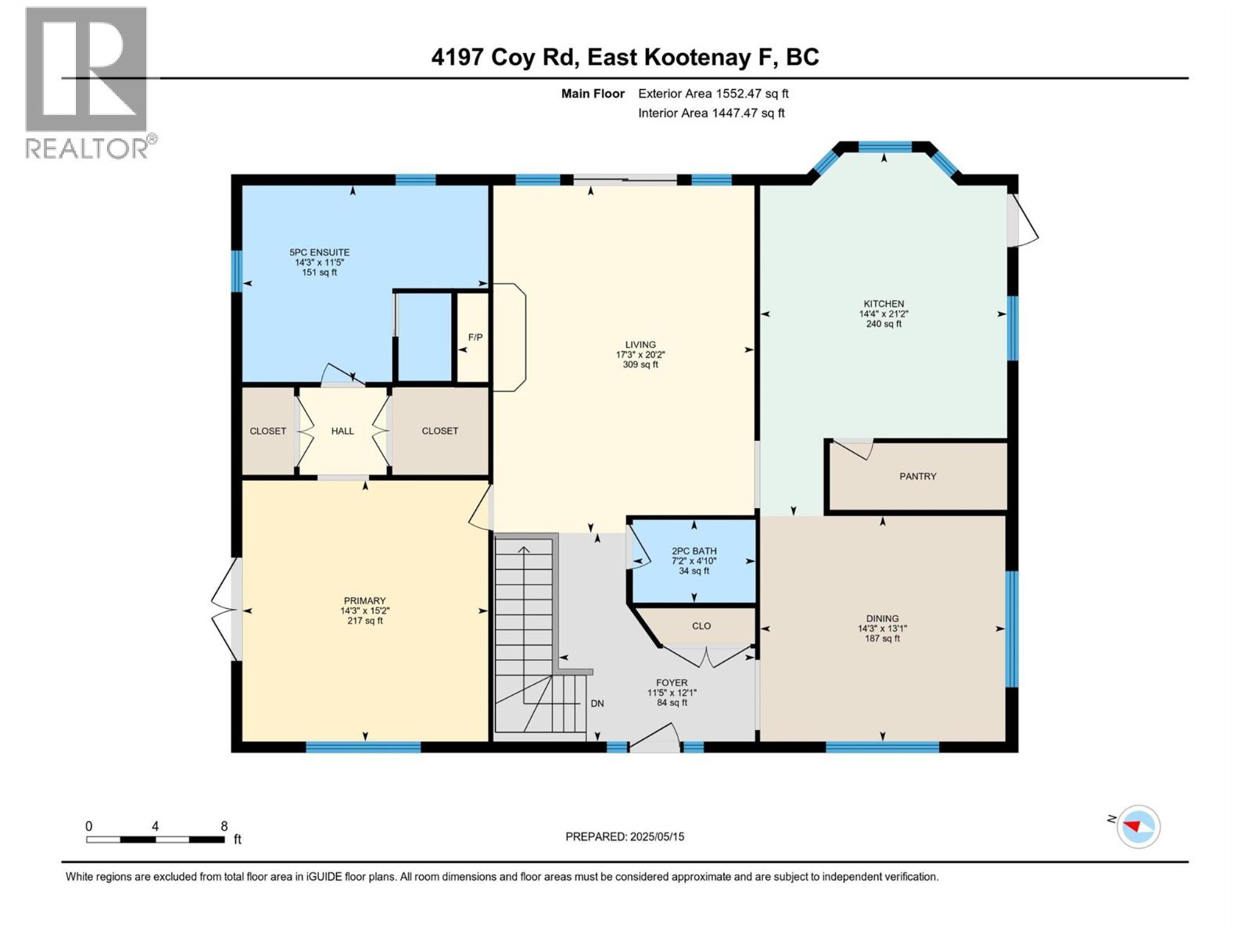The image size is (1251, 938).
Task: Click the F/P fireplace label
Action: pos(475,338)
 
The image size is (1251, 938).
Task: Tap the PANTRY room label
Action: pos(917,476)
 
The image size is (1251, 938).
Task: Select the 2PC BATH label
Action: pos(694,551)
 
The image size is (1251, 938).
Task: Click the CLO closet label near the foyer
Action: pos(701,626)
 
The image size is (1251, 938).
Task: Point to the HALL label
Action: pos(342,431)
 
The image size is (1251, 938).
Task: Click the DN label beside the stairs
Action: pos(597,703)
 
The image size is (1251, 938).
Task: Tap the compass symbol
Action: pos(1138,826)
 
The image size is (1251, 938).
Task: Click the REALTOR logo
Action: pos(87,82)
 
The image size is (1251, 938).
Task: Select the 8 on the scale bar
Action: pos(224,826)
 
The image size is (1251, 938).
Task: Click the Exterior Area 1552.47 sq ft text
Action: pos(713,94)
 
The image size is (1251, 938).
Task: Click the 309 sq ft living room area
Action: pos(640,365)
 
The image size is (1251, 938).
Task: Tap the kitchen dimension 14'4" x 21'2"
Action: pos(884,314)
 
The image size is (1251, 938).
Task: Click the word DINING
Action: pos(882,618)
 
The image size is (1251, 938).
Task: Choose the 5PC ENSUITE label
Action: pos(319,252)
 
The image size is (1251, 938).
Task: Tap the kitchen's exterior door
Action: pos(1020,221)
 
